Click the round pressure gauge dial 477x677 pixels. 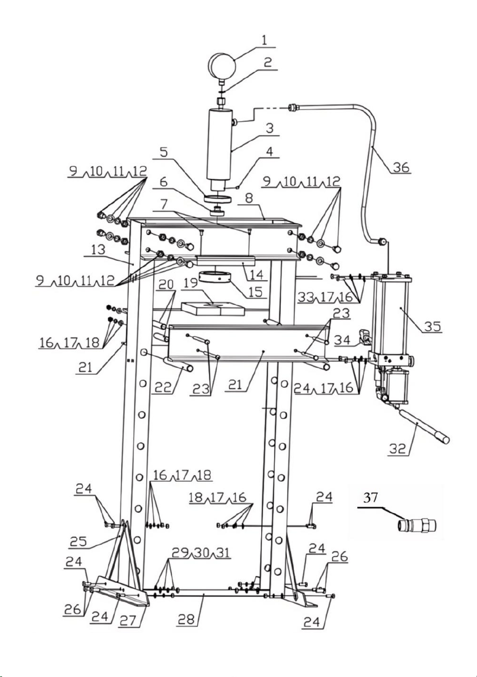tap(222, 65)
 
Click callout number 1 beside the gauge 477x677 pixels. tap(264, 40)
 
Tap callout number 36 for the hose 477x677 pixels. tap(401, 167)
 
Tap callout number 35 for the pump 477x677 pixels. tap(432, 326)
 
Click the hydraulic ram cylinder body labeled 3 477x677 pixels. tap(219, 146)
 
